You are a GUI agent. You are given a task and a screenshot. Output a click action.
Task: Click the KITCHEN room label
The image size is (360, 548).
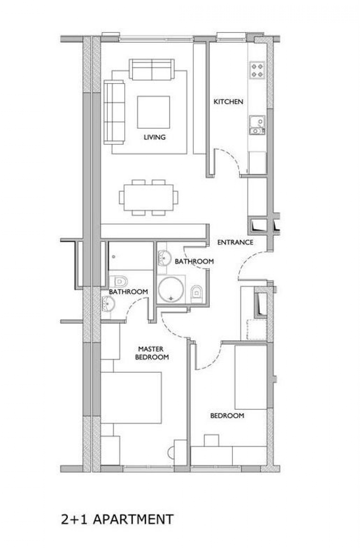point(228,101)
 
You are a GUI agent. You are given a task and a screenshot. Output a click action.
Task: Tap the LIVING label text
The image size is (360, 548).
point(154,137)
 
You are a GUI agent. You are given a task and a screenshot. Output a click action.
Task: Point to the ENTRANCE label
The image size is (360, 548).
point(235,242)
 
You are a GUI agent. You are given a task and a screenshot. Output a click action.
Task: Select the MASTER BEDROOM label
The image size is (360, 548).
point(152,353)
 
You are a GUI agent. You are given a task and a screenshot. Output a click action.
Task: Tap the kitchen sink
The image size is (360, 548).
point(257,125)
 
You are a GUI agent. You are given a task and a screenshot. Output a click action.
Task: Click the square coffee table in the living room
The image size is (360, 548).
point(153,112)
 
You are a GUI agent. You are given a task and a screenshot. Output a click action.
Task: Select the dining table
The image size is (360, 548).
point(149,198)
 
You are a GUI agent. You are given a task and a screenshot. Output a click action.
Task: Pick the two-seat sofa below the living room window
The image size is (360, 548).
point(152,70)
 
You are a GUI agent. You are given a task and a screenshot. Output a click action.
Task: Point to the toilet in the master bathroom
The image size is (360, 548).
point(119,281)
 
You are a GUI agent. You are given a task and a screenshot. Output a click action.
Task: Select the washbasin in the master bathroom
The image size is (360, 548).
point(108,303)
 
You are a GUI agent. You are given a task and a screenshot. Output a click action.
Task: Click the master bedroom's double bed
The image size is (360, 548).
point(131,398)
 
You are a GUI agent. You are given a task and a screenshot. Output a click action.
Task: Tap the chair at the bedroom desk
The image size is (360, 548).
point(211,440)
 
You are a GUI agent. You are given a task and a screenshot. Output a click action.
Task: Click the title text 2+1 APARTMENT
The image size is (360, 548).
point(117,519)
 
